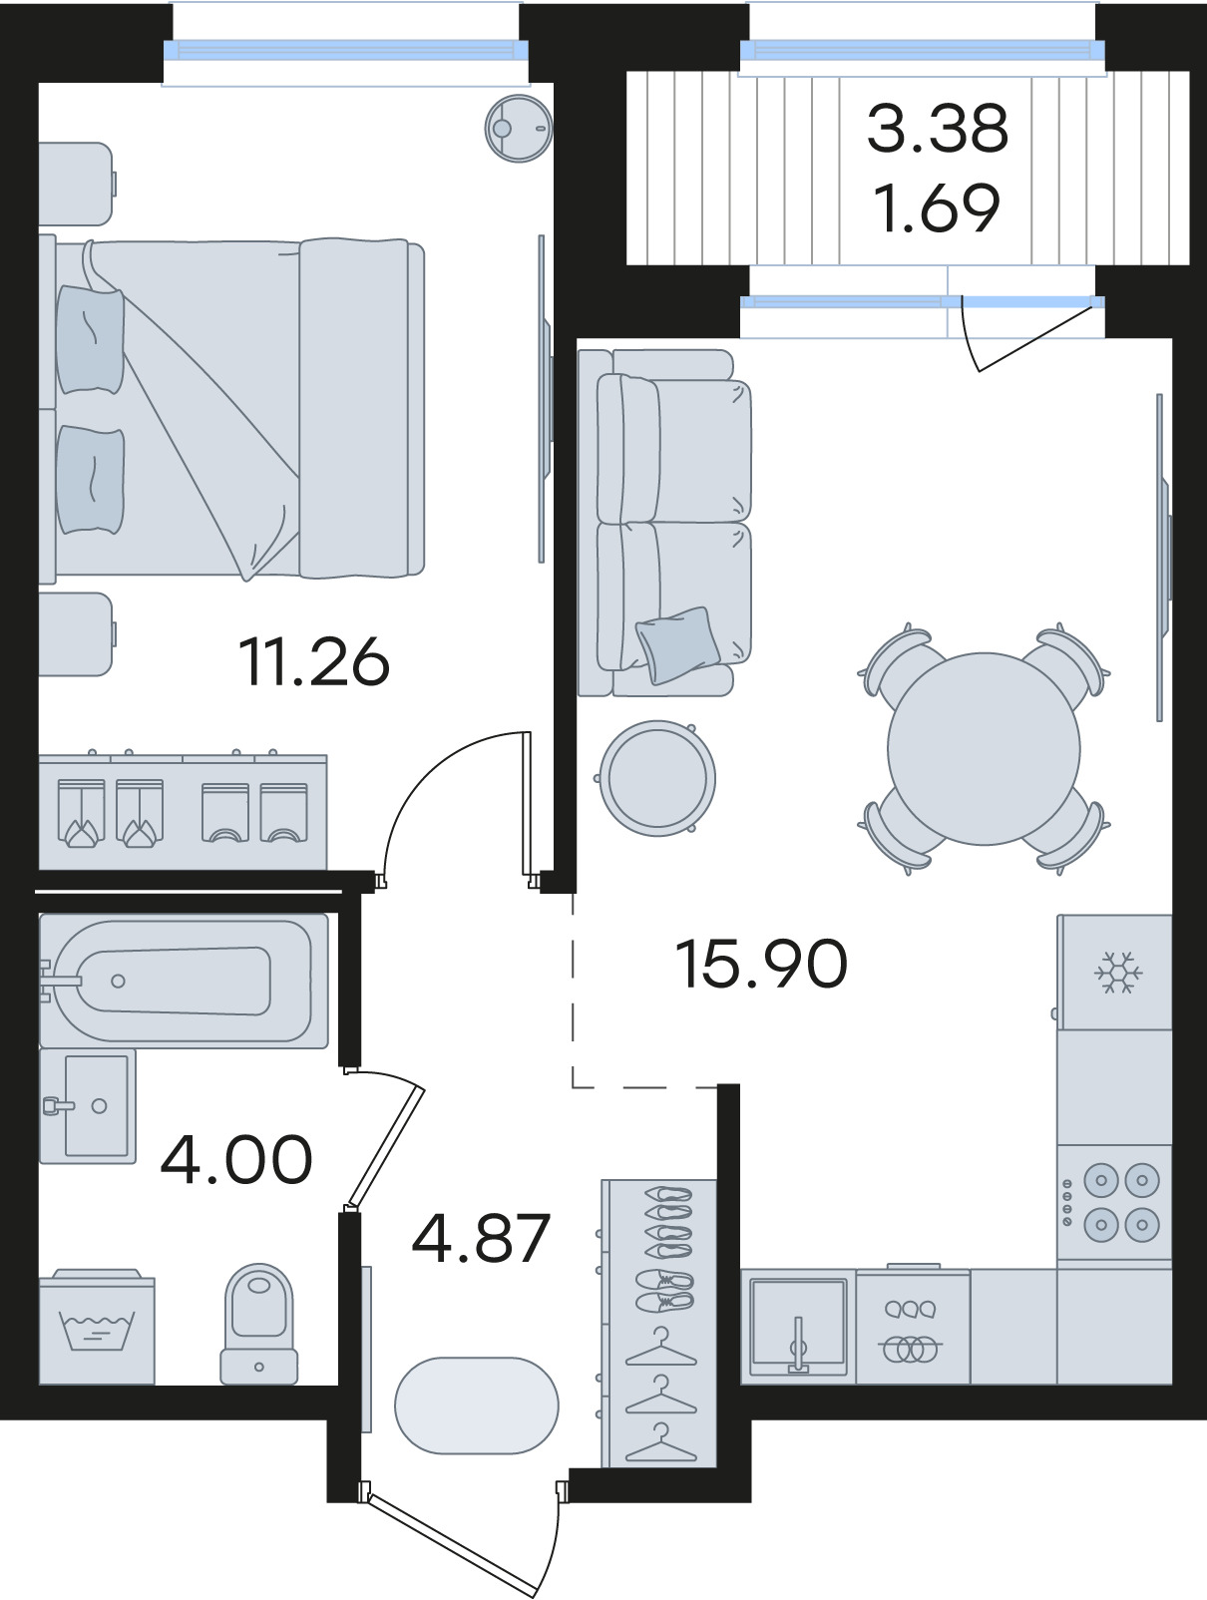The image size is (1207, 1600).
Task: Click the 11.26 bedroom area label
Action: point(314,662)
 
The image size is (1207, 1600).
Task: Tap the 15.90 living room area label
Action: point(762,964)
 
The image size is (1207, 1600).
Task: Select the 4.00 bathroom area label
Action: point(236,1159)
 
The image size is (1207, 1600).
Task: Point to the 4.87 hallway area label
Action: point(481,1238)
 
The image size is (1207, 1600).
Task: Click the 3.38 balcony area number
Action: point(938,129)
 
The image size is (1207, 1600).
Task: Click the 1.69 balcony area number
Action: point(938,207)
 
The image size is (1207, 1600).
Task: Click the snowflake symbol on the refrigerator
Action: point(1118,972)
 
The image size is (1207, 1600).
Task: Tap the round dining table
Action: point(984,748)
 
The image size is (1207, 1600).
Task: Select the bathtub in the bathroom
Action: point(184,982)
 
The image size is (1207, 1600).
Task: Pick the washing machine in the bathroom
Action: point(97,1327)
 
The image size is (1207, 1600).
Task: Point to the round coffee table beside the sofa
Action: point(657,778)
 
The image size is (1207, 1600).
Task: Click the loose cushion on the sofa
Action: point(678,645)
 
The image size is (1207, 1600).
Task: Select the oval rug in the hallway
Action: point(477,1404)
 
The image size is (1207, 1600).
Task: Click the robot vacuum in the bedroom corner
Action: point(519,129)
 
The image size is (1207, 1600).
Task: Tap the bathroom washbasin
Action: point(88,1106)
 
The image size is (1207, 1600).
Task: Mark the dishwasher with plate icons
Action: point(913,1327)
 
